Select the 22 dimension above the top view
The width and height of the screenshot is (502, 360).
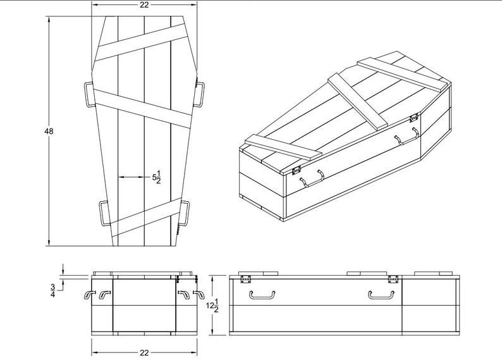tap(144, 5)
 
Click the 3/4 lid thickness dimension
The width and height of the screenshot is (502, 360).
tap(52, 290)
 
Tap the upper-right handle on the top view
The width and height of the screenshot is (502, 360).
tap(199, 93)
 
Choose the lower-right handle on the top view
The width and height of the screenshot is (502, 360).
tap(185, 213)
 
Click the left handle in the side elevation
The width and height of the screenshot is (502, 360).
tap(262, 294)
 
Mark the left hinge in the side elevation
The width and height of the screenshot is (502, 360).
tap(246, 278)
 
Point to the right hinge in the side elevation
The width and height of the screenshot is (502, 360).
tap(393, 278)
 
